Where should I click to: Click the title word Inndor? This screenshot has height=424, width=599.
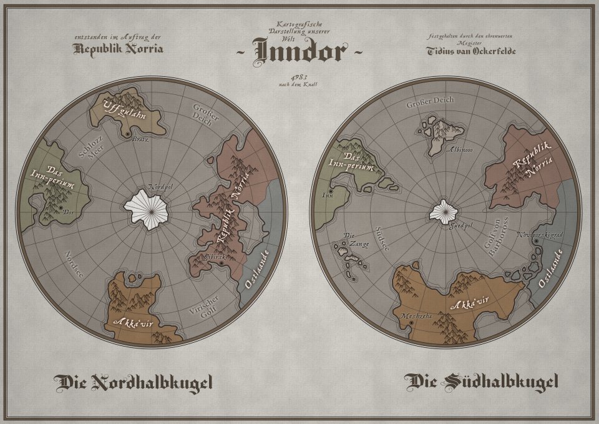pyautogui.click(x=298, y=52)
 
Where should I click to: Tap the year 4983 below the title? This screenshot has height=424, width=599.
pyautogui.click(x=299, y=76)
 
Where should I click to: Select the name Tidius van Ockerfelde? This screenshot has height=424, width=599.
pyautogui.click(x=471, y=50)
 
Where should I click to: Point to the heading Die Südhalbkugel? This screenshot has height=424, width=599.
pyautogui.click(x=480, y=382)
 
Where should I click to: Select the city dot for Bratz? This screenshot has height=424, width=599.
pyautogui.click(x=128, y=134)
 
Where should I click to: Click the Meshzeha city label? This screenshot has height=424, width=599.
pyautogui.click(x=413, y=316)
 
